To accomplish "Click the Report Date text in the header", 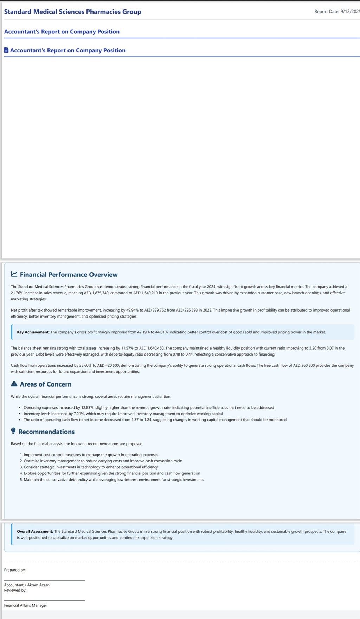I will pos(337,12).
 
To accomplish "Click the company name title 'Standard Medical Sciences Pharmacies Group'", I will pos(72,12).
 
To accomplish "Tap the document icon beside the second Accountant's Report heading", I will pos(6,50).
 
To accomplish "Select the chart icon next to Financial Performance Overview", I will pos(14,274).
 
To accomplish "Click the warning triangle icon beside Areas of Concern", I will pos(14,384).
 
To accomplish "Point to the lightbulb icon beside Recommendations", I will pos(13,431).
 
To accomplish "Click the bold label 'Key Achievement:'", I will pos(33,332).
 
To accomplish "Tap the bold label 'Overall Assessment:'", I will pos(35,531).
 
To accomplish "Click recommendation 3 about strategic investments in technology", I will pos(91,467).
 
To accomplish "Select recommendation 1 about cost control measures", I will pos(91,455).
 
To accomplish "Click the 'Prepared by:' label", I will pos(15,570).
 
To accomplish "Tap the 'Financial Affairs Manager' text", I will pos(26,605).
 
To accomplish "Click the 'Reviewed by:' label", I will pos(15,590).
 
